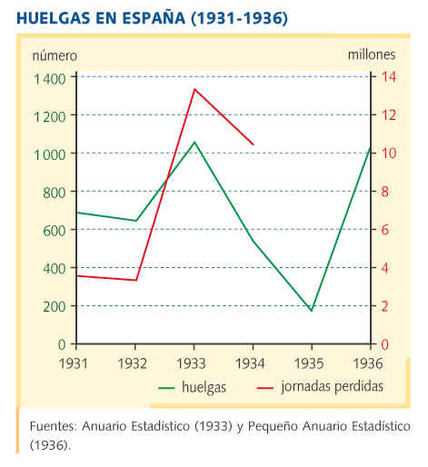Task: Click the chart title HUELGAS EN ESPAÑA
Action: click(101, 17)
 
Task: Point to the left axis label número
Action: click(55, 56)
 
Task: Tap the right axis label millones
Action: click(372, 55)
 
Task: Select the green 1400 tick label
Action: click(49, 79)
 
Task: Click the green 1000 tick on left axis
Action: click(49, 154)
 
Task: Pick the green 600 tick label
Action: click(55, 231)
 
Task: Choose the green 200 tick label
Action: click(55, 306)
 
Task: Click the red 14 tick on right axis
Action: click(388, 76)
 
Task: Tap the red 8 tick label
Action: click(384, 192)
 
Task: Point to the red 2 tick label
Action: click(384, 306)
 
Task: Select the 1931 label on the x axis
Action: click(74, 363)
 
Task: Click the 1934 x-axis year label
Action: click(250, 363)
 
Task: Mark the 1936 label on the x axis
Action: click(368, 363)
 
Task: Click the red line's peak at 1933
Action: click(194, 89)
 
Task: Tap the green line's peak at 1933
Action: click(194, 142)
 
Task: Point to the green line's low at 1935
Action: click(311, 311)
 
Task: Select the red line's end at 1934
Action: click(254, 144)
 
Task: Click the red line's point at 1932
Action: click(135, 280)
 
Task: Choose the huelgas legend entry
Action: click(193, 387)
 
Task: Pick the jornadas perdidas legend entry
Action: click(320, 387)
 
